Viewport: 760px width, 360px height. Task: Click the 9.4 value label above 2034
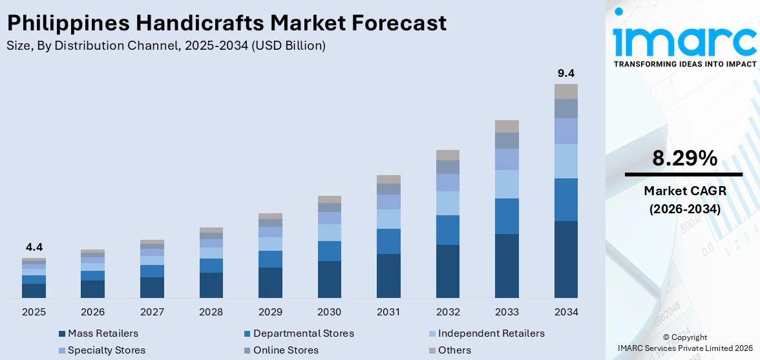point(565,73)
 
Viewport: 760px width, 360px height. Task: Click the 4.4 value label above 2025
point(34,247)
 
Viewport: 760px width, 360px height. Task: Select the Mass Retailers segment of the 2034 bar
point(565,259)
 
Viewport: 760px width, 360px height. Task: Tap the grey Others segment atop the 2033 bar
point(507,126)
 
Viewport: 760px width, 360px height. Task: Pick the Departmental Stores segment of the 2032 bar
point(447,230)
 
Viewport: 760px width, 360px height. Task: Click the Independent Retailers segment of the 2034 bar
point(565,161)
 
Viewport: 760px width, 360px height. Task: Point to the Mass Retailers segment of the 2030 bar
point(329,279)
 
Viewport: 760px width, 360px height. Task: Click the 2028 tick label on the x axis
point(211,312)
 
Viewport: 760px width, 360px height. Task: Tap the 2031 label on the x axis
point(388,312)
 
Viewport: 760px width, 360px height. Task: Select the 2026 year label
point(92,312)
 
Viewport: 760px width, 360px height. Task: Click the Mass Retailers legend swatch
point(62,334)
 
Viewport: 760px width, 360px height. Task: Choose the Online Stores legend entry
point(286,350)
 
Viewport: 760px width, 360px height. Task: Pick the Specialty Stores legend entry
point(107,350)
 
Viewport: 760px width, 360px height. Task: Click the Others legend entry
point(454,350)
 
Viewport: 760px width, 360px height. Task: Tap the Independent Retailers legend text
point(491,334)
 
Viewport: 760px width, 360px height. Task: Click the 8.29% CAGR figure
point(683,158)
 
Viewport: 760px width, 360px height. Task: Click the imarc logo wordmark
point(684,40)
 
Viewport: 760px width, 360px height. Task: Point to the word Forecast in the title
point(401,23)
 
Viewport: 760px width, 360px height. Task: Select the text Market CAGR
point(683,191)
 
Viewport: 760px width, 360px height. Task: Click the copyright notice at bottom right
point(684,343)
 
